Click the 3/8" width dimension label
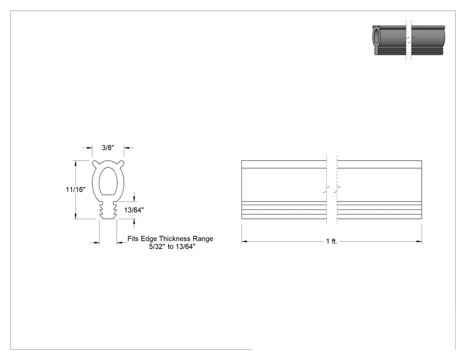click(x=108, y=148)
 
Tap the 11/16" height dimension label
click(x=75, y=190)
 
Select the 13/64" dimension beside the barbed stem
click(x=134, y=210)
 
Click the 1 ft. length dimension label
click(x=332, y=241)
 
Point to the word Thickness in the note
click(x=176, y=239)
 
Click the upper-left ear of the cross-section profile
click(x=95, y=163)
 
